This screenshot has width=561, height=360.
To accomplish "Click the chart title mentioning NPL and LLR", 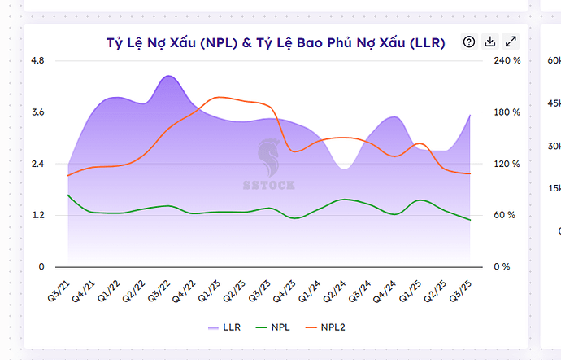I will tap(276, 43).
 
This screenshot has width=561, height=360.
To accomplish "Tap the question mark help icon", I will tap(468, 42).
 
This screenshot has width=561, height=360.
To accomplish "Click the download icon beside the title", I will tap(489, 42).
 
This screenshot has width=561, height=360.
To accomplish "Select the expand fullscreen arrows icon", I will tap(511, 42).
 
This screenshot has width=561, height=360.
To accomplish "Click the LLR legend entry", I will tap(224, 327).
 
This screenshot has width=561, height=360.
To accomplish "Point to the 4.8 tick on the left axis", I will tap(37, 60).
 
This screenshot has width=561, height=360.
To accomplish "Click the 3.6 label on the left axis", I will tap(37, 112).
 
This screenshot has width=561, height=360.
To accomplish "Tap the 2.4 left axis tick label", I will tap(37, 164).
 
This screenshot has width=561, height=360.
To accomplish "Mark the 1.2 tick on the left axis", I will tap(37, 216).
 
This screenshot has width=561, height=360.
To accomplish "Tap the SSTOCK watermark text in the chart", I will tap(269, 185).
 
